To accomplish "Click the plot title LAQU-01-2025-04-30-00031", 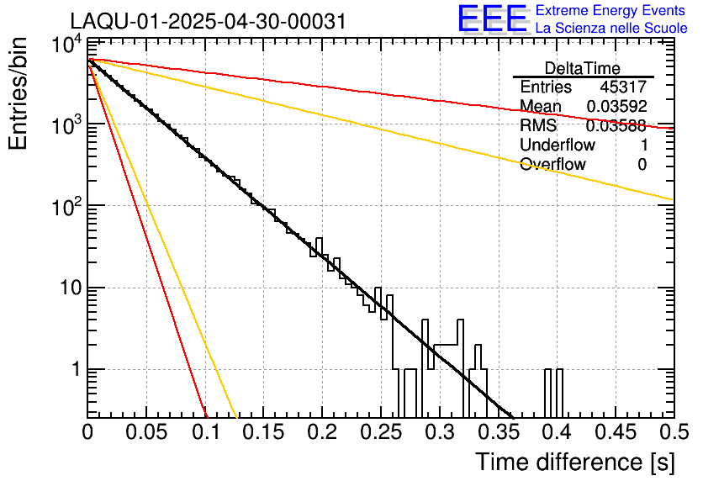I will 208,22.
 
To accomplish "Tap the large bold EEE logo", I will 492,20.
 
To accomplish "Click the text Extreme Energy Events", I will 610,11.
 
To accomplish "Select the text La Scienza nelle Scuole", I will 610,28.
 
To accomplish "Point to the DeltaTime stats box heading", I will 583,68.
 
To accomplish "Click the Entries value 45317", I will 623,87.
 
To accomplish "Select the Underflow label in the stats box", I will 558,145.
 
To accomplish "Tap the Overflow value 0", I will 642,164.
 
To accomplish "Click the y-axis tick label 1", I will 73,370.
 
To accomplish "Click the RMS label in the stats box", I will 538,126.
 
